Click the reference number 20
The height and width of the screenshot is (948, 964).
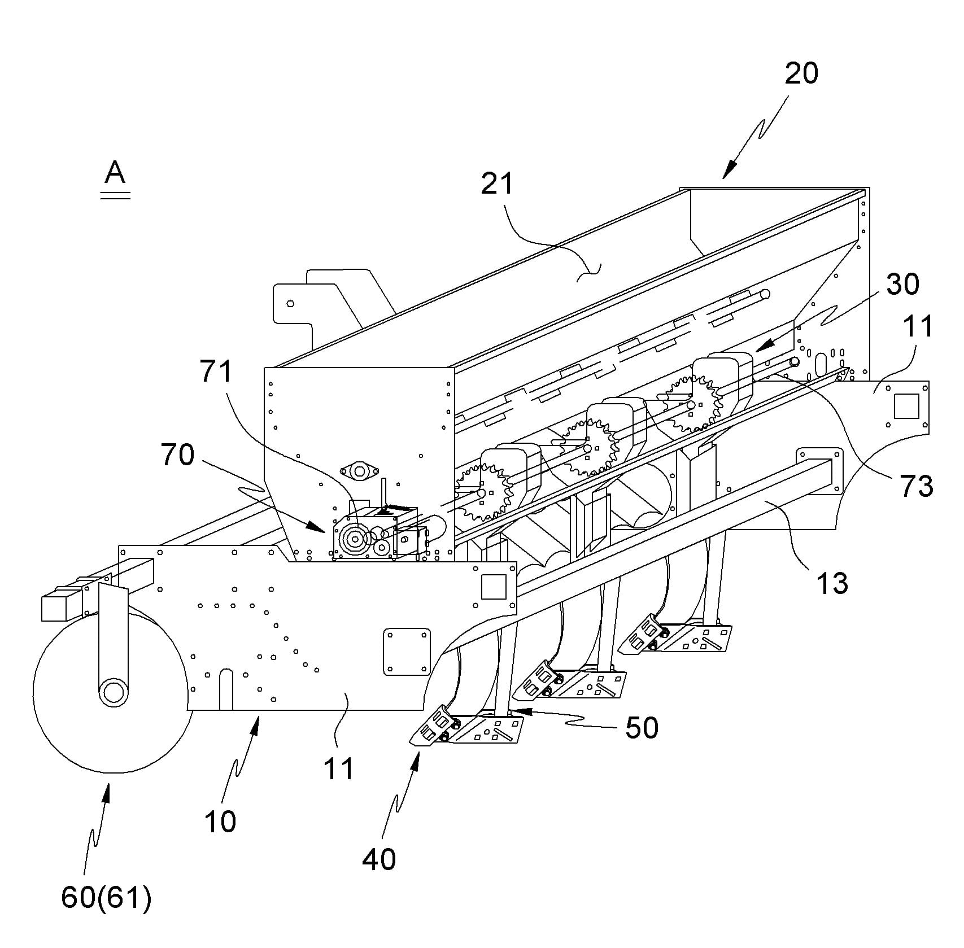(x=801, y=73)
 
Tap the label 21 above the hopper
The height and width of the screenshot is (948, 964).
(x=498, y=184)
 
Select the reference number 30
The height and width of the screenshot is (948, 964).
(x=903, y=284)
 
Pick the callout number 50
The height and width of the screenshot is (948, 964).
(x=642, y=728)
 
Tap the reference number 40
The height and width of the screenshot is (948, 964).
(x=380, y=859)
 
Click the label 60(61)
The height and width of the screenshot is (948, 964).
(x=107, y=898)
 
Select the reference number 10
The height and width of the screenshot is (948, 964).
(x=220, y=822)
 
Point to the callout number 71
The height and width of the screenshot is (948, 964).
(x=216, y=372)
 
